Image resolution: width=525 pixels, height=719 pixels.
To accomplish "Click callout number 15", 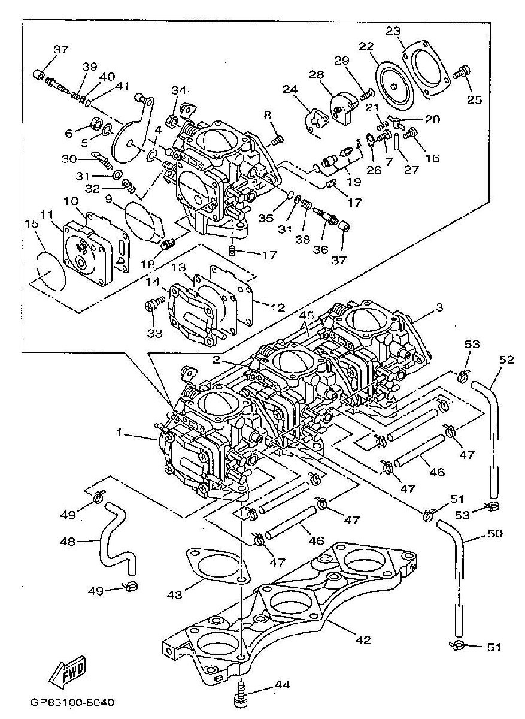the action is pos(32,224).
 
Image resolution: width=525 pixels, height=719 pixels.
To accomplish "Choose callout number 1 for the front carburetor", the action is pos(119,433).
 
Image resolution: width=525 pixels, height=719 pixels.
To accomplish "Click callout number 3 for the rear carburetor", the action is pos(439,307).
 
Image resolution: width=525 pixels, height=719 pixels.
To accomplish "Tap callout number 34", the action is pos(178,91).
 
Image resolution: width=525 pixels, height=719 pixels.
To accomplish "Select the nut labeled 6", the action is pos(96,123).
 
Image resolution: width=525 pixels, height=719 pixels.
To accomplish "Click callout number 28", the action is pos(316,75).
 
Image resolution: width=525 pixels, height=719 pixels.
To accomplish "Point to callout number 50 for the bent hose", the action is pos(494,533).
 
